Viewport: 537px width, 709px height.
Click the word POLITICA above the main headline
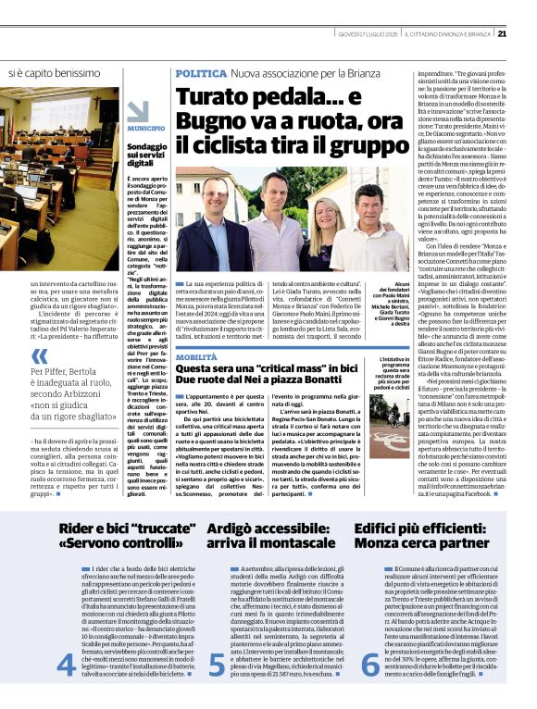click(x=199, y=72)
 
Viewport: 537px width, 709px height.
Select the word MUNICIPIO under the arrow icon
click(x=146, y=128)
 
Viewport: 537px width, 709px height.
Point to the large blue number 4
click(x=66, y=664)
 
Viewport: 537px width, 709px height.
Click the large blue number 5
click(x=216, y=664)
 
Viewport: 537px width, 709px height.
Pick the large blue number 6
click(x=369, y=664)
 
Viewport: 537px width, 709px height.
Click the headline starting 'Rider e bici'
click(x=116, y=536)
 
